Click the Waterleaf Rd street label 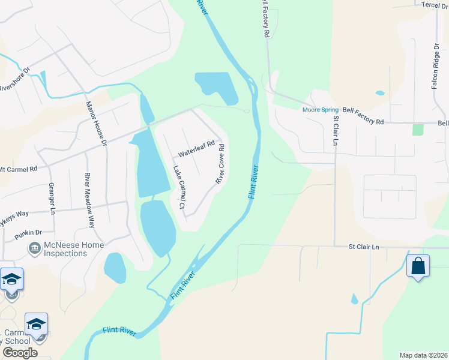point(196,148)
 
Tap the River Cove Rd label point(220,164)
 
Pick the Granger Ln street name point(52,199)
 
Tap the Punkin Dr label point(28,232)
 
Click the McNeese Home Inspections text point(74,249)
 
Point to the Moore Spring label point(321,110)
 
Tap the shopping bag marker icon point(418,265)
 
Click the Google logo point(19,353)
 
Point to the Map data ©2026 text point(423,355)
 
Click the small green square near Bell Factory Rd point(418,130)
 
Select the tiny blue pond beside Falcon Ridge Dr point(379,93)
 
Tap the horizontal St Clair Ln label point(364,247)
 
